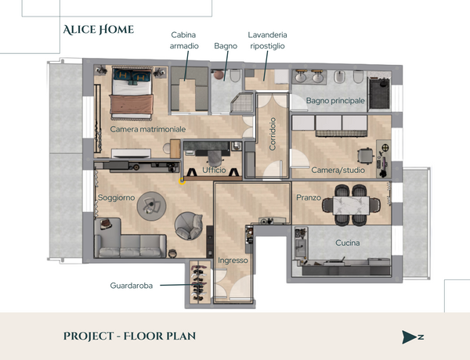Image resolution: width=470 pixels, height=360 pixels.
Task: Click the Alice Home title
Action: click(99, 30)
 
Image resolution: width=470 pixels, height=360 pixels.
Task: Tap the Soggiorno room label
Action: click(116, 198)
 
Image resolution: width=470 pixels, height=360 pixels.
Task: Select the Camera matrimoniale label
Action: click(148, 129)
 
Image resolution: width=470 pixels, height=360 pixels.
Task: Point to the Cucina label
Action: click(347, 243)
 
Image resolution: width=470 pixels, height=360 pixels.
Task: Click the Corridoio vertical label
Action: click(273, 134)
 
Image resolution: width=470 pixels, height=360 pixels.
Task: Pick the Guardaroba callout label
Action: click(132, 286)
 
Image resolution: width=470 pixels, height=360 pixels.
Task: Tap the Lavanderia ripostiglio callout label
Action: click(267, 41)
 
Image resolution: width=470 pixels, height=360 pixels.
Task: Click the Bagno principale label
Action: click(335, 101)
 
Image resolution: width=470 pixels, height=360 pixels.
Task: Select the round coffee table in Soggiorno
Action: click(151, 206)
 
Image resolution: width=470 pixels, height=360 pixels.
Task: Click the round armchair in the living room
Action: click(189, 226)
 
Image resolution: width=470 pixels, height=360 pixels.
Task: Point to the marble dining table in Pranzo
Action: click(351, 206)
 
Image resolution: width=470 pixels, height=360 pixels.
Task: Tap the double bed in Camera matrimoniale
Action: click(132, 93)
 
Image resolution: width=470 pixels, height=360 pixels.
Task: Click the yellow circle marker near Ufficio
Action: click(182, 182)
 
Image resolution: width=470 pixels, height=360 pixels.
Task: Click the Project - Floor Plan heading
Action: click(129, 336)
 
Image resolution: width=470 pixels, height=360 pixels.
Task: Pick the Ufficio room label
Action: click(214, 170)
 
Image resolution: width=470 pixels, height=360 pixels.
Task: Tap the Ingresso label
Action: click(233, 261)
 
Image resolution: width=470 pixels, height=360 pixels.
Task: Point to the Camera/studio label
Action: click(338, 170)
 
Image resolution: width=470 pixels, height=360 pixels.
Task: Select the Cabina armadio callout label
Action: click(184, 41)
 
